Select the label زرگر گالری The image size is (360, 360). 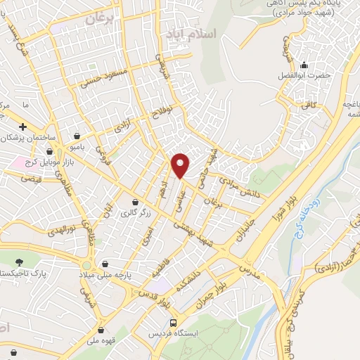(138, 212)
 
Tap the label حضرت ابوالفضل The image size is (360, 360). (304, 75)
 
